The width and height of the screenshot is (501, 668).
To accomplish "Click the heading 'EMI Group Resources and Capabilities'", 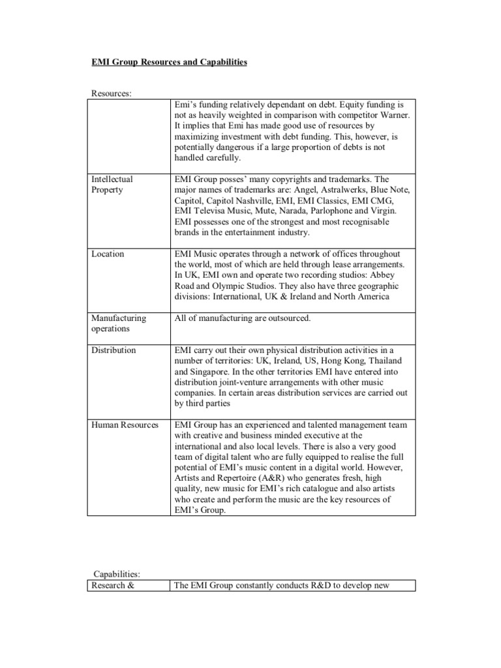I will [x=168, y=62].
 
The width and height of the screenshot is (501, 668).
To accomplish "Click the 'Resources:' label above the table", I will [x=110, y=93].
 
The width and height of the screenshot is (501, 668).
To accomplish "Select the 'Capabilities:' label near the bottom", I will [x=114, y=573].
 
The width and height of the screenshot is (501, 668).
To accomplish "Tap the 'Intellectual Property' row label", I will [x=111, y=184].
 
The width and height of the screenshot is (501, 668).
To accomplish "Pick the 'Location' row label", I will [x=108, y=254].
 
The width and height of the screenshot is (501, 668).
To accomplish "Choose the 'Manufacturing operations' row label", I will [x=118, y=323].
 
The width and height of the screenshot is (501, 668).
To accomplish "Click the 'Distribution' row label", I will [x=114, y=350].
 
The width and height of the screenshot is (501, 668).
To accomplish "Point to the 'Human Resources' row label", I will [x=125, y=425].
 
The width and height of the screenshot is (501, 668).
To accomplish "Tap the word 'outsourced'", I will [x=288, y=318].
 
